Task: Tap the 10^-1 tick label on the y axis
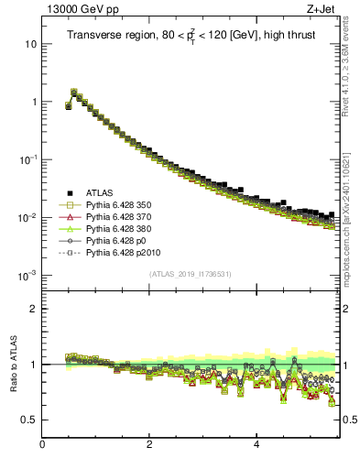click(x=27, y=159)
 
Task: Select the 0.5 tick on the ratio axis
click(x=29, y=420)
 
